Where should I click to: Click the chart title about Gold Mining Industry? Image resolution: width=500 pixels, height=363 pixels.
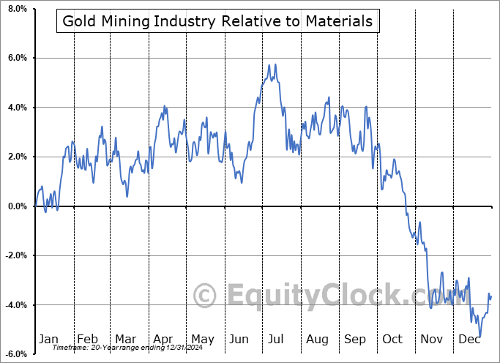[217, 21]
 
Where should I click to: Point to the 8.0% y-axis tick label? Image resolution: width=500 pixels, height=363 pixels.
[16, 9]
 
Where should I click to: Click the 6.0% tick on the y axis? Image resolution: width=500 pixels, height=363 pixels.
[16, 58]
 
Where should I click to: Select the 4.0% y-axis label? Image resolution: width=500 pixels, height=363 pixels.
[16, 108]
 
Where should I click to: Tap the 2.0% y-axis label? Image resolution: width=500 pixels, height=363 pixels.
[16, 157]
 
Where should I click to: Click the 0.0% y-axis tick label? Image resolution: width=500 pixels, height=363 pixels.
[16, 206]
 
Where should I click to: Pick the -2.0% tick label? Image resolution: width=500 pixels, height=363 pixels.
[15, 255]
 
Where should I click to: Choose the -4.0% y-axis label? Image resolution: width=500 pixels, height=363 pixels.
[15, 305]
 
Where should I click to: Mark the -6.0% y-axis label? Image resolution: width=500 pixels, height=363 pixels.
[15, 354]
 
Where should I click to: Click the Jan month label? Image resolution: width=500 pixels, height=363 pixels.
[48, 339]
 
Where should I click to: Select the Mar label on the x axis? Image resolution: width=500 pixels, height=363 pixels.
[125, 339]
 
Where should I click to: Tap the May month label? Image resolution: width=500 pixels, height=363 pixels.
[202, 339]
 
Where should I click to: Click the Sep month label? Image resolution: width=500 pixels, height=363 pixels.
[355, 339]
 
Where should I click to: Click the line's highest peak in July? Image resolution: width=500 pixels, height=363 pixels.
[275, 65]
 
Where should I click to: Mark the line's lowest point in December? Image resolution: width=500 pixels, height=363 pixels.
[480, 336]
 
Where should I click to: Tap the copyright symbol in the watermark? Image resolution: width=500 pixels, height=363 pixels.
[206, 296]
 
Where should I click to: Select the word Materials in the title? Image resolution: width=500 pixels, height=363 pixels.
[339, 21]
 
